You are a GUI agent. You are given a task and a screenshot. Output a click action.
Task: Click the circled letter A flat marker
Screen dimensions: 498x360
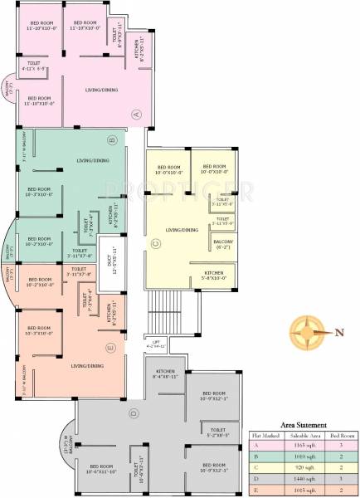pos(137,114)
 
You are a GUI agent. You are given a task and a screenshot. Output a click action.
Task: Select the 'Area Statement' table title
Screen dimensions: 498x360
pos(304,424)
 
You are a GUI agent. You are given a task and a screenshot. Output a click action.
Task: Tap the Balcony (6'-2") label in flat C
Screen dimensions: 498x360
pos(222,244)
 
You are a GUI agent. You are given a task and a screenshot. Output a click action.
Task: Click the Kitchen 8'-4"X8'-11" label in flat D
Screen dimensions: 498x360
pos(163,376)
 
